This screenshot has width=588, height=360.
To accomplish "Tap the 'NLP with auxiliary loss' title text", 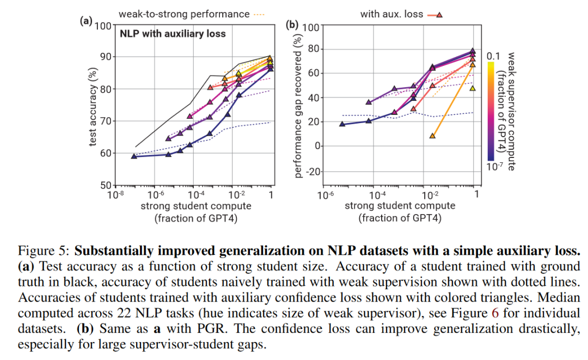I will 173,34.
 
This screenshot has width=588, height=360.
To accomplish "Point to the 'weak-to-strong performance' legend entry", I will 185,14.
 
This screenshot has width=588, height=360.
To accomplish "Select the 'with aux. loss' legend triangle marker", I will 439,15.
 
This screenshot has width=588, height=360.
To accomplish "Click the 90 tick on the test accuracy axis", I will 103,57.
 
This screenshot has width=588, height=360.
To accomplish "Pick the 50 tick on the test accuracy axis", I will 103,185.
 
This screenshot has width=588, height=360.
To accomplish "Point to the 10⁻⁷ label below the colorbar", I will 493,167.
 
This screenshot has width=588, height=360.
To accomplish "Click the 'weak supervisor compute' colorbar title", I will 511,111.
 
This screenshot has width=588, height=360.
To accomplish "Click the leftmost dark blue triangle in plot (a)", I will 134,156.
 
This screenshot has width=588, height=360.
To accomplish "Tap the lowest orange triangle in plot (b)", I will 432,136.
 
